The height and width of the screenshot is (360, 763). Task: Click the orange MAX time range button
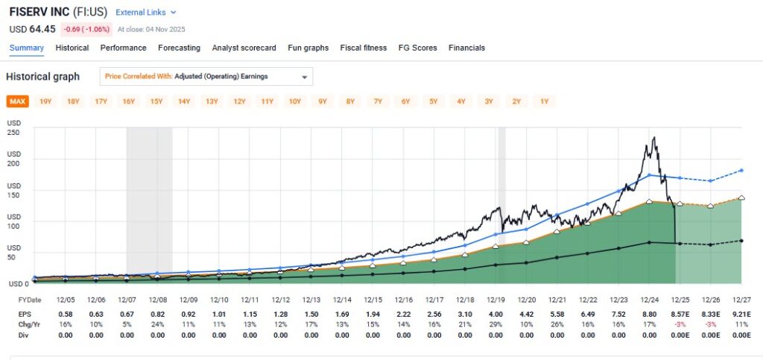[17, 101]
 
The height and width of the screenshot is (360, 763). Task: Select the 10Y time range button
[295, 101]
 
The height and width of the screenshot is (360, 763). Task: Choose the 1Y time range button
[544, 101]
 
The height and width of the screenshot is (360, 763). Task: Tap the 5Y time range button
[434, 101]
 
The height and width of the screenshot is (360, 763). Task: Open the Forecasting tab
[179, 48]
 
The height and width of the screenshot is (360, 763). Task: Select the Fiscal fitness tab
[363, 48]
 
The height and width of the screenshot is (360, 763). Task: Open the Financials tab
[466, 48]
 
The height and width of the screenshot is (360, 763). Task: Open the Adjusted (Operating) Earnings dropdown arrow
[304, 77]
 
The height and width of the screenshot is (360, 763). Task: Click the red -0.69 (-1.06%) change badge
[87, 29]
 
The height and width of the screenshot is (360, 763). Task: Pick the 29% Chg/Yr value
[496, 326]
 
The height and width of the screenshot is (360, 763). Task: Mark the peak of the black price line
[653, 137]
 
